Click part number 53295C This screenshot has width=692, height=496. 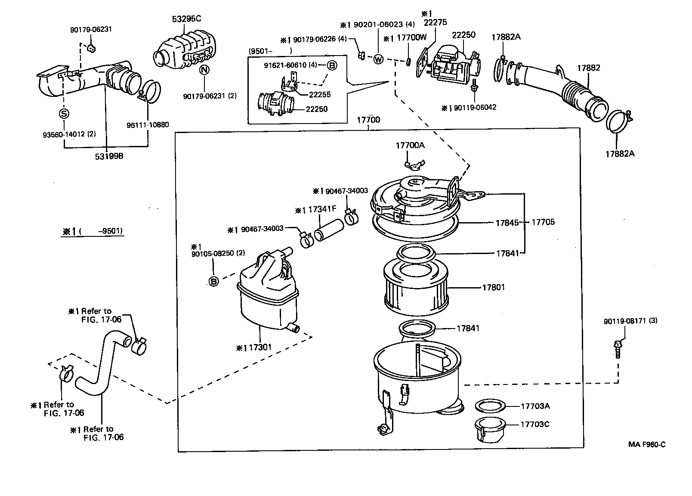[186, 19]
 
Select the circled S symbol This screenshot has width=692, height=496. [64, 114]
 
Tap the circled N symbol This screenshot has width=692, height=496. [204, 70]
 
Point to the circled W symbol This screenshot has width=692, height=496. [378, 59]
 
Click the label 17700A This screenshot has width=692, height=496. [410, 145]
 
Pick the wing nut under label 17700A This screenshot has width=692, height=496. [414, 165]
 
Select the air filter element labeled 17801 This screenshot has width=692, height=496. [416, 288]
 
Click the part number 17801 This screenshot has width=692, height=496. [494, 288]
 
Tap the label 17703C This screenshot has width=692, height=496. [535, 424]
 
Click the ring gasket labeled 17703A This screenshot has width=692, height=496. [490, 406]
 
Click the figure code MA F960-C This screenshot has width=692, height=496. [647, 444]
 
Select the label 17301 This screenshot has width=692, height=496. [260, 347]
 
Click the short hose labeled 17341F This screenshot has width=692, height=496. [329, 230]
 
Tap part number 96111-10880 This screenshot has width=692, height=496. [148, 125]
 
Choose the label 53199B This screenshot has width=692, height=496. [109, 156]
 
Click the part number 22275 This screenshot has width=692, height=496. [435, 22]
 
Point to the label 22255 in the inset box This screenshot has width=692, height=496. [320, 95]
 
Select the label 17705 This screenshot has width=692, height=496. [543, 222]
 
